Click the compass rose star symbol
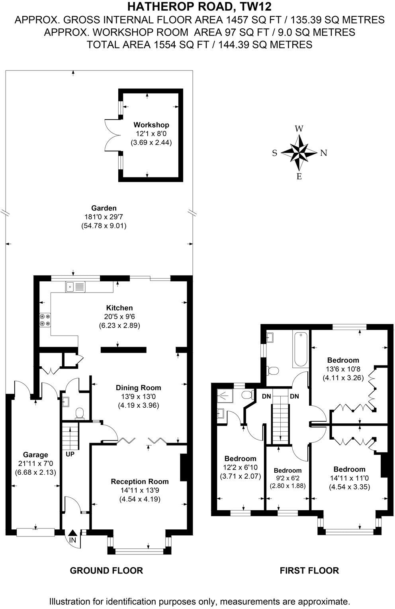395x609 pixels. point(299,152)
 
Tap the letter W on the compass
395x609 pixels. point(299,129)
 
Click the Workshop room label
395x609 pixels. point(151,125)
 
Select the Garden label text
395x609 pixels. point(104,208)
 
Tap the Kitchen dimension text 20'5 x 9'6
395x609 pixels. point(119,317)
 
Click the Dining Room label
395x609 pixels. point(138,387)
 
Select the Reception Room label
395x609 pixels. point(140,481)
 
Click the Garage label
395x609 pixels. point(35,454)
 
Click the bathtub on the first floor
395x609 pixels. point(300,349)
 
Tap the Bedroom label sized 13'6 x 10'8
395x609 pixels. point(343,360)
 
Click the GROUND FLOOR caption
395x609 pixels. point(106,570)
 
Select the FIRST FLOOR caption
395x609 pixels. point(309,570)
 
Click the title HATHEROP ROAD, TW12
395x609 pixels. point(199,7)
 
